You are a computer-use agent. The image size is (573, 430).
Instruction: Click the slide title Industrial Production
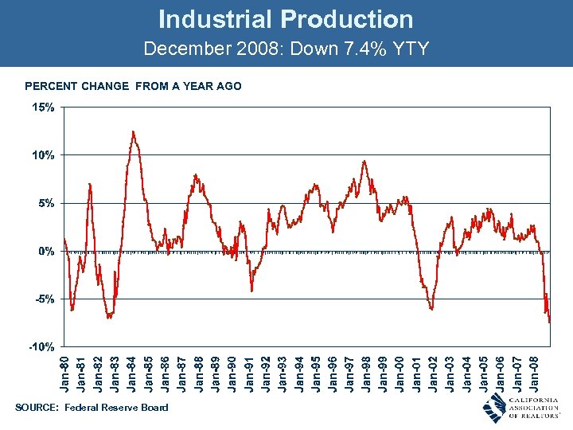point(286,19)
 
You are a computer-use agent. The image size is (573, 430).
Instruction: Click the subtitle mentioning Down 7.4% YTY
point(286,49)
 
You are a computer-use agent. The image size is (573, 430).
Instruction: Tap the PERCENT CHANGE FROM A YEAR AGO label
point(133,86)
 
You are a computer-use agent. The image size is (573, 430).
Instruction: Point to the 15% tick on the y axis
point(43,107)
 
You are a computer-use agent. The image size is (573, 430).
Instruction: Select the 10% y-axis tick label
point(43,155)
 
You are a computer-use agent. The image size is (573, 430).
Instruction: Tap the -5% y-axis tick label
point(43,299)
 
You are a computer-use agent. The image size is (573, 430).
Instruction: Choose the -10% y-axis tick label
point(41,347)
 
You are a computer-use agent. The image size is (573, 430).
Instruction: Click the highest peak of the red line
point(133,131)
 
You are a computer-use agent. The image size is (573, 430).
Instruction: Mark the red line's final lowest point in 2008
point(549,322)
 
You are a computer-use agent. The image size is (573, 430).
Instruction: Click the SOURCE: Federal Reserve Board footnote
point(92,408)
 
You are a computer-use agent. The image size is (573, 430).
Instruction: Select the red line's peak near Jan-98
point(364,162)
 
